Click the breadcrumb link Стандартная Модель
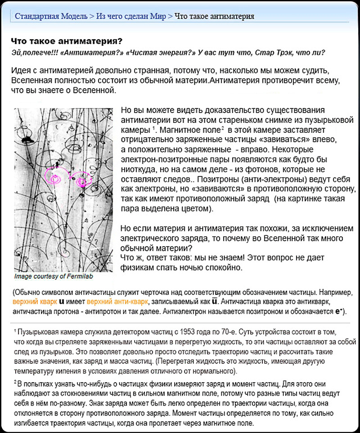[51, 16]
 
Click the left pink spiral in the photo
[54, 176]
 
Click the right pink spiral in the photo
[82, 181]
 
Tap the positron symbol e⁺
[338, 311]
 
